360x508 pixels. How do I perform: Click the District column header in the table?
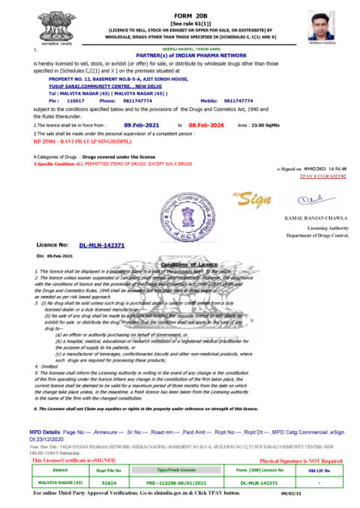click(53, 469)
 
